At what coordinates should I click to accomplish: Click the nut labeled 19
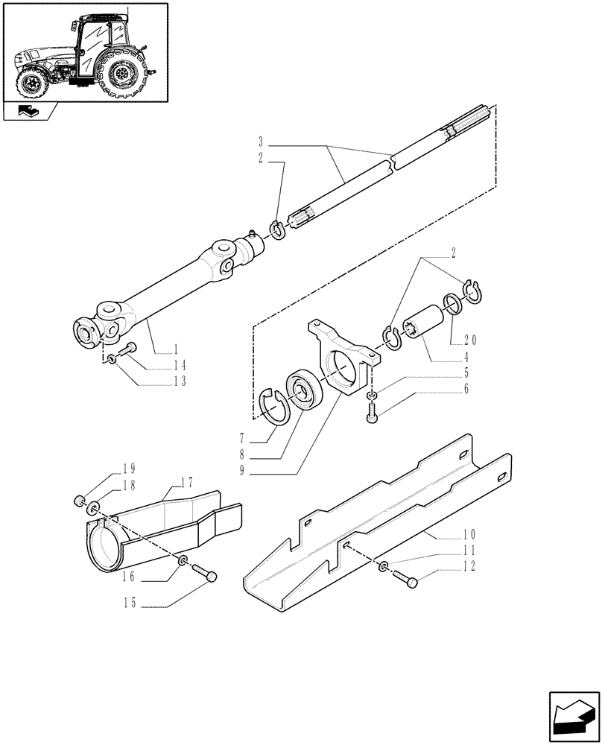point(78,499)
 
